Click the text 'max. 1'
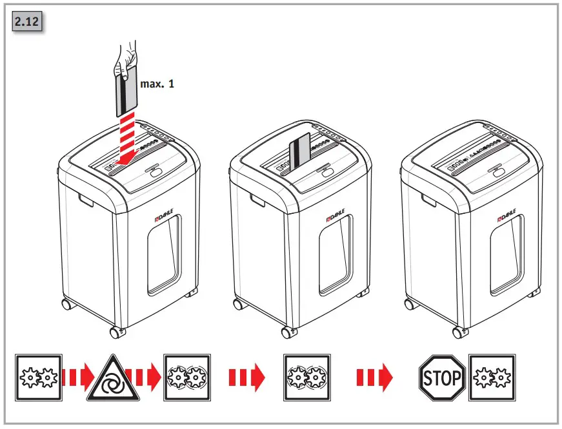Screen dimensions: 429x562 157,84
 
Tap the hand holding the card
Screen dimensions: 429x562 126,57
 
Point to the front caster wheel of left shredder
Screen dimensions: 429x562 116,332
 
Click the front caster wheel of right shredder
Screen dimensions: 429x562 458,332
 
